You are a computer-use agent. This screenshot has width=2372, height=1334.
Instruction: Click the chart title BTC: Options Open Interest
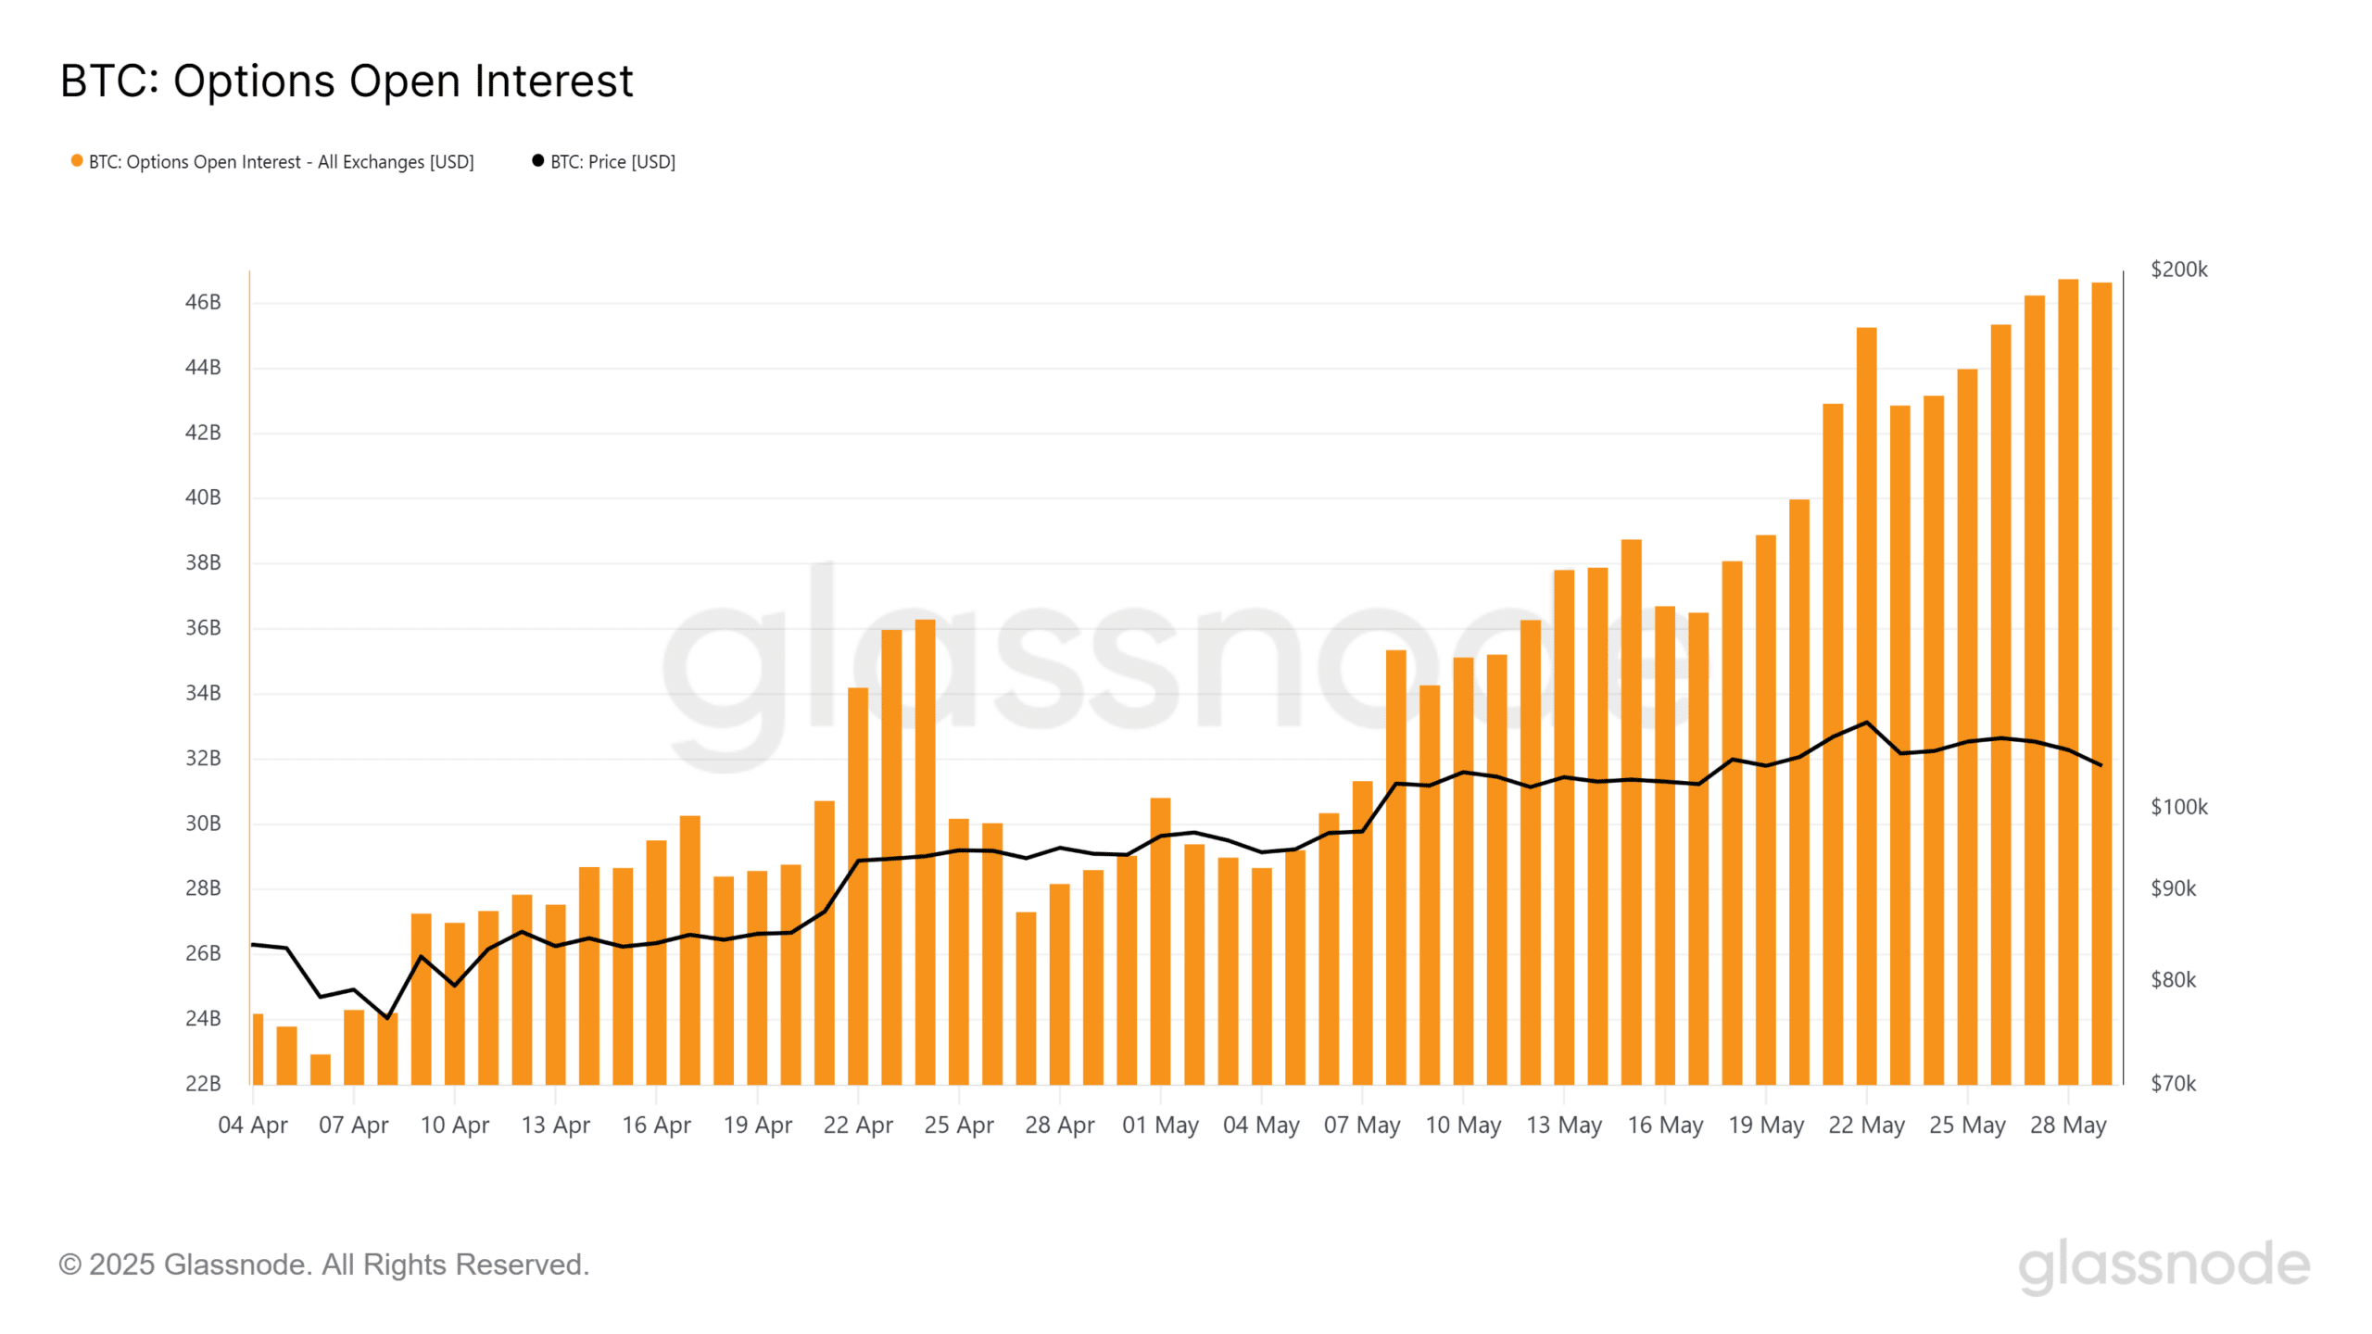pos(347,81)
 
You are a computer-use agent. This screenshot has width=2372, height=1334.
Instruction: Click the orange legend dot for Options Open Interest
pos(77,161)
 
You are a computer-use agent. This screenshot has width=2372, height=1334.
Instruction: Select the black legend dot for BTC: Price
pos(537,161)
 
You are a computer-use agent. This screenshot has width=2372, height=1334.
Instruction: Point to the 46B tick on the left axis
pos(203,302)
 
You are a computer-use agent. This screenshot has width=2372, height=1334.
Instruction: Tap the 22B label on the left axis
pos(203,1083)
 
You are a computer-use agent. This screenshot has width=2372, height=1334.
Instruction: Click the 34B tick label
pos(203,693)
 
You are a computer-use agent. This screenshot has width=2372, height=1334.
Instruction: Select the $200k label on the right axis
pos(2178,270)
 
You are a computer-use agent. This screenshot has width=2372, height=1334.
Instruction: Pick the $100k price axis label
pos(2178,807)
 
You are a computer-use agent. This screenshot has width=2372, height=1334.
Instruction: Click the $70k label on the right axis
pos(2173,1083)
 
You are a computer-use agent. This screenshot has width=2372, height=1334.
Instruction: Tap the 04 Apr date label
pos(253,1125)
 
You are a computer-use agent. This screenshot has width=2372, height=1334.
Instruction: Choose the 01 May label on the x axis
pos(1160,1125)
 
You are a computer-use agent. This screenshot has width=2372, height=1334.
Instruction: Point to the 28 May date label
pos(2068,1125)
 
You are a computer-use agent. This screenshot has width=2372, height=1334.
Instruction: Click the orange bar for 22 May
pos(1866,704)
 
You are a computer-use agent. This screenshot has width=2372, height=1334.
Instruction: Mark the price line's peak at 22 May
pos(1866,723)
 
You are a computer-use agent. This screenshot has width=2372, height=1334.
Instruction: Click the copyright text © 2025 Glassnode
pos(324,1265)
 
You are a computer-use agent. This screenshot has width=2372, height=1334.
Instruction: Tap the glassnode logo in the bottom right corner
pos(2164,1265)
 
